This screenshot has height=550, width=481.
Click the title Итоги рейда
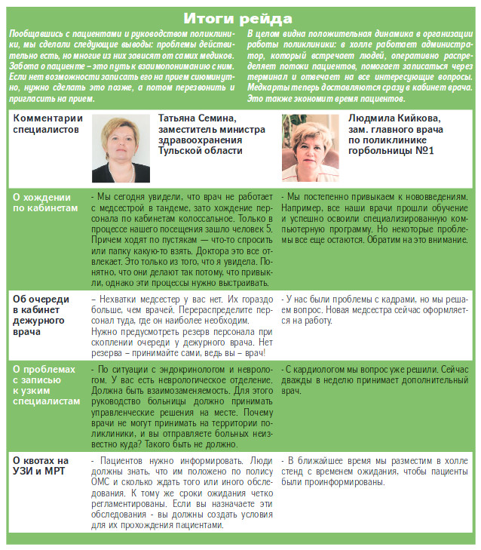[239, 17]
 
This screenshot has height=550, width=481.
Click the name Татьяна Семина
[198, 118]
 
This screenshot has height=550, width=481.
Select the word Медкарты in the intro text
[269, 88]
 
